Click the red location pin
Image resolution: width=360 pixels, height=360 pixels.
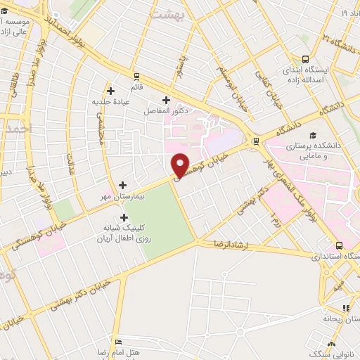(181, 166)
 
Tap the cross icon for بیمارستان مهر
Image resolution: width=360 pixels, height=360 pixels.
(122, 185)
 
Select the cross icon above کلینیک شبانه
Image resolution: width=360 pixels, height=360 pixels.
(125, 218)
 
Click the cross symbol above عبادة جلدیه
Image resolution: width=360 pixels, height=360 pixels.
(110, 90)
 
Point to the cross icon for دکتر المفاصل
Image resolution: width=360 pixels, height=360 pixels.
(166, 100)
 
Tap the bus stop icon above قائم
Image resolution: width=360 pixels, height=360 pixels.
(136, 77)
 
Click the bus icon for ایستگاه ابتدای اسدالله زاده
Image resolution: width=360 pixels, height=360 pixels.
(305, 59)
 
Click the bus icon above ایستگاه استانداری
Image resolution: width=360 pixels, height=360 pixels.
(340, 245)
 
